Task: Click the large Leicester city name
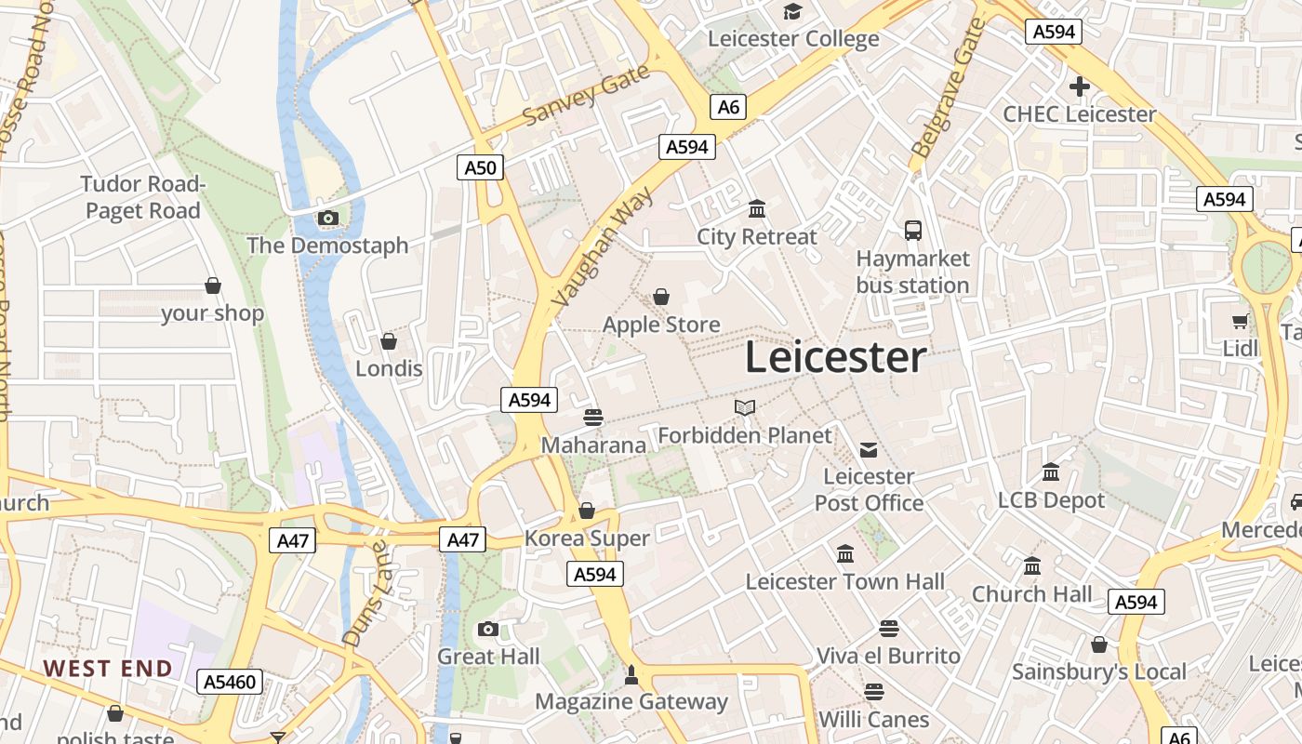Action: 835,358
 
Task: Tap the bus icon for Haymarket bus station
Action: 913,230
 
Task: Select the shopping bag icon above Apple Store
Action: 661,297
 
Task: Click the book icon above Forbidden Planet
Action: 745,407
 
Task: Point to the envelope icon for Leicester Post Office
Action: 869,450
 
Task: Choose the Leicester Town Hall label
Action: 844,582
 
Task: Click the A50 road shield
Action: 481,167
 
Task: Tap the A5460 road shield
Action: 229,682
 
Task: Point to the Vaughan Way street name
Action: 603,246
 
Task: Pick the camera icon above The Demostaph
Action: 327,219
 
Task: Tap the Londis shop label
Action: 389,368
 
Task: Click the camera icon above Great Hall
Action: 488,630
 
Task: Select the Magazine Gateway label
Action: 631,701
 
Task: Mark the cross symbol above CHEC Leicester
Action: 1079,87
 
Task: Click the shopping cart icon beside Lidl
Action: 1240,322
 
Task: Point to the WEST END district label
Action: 108,668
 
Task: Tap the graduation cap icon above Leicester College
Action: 792,11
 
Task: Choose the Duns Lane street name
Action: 364,594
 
